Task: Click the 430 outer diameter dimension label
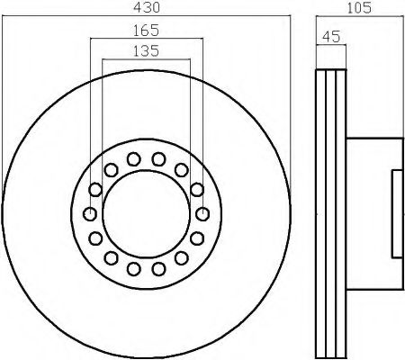click(x=147, y=7)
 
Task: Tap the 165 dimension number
click(x=146, y=31)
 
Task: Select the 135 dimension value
click(x=146, y=50)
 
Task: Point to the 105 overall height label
click(x=359, y=7)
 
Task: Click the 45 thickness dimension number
click(x=331, y=37)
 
